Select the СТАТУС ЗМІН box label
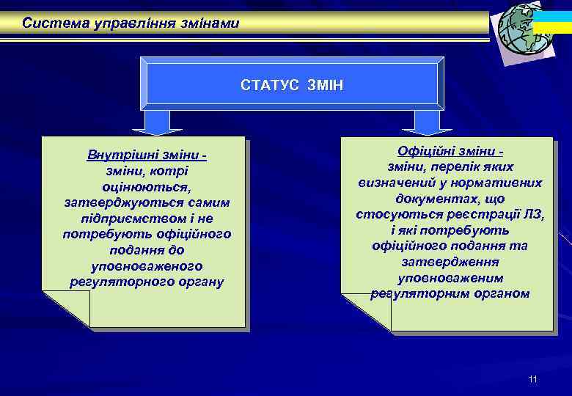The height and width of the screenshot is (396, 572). (292, 86)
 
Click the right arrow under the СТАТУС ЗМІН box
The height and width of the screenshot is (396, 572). (427, 122)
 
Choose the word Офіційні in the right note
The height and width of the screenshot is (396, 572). (427, 150)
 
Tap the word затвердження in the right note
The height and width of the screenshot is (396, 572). (450, 262)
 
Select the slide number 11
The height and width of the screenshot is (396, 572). (532, 379)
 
